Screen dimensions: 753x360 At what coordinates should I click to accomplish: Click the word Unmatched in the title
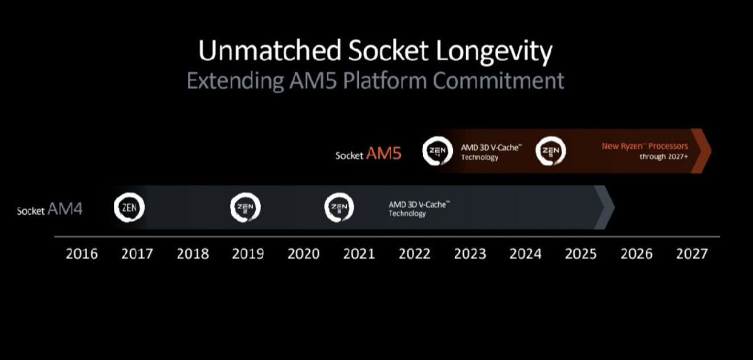click(x=269, y=51)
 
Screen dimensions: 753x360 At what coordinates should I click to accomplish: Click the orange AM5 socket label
click(x=383, y=153)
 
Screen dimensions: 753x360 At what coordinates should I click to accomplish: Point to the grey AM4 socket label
click(x=65, y=208)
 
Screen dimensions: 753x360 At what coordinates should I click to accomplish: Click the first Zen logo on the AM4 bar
click(x=129, y=207)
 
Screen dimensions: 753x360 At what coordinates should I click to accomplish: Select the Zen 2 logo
click(x=245, y=207)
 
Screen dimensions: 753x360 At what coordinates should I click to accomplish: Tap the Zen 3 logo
click(x=339, y=207)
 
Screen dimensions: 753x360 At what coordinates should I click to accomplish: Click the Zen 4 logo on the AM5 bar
click(x=437, y=151)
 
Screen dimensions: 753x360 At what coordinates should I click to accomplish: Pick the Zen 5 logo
click(x=551, y=151)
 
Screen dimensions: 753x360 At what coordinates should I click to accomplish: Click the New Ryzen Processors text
click(x=645, y=146)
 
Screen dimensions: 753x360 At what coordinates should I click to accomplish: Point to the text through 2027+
click(x=664, y=157)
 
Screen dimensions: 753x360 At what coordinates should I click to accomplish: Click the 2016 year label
click(x=81, y=254)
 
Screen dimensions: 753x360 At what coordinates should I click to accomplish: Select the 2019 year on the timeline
click(x=248, y=254)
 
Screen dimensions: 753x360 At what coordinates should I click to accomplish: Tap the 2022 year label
click(x=415, y=254)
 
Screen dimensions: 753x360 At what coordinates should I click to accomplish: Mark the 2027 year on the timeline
click(x=692, y=254)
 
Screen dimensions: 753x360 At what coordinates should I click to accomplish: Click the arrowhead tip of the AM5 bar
click(x=711, y=151)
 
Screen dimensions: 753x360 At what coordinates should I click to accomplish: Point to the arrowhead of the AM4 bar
click(x=605, y=207)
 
